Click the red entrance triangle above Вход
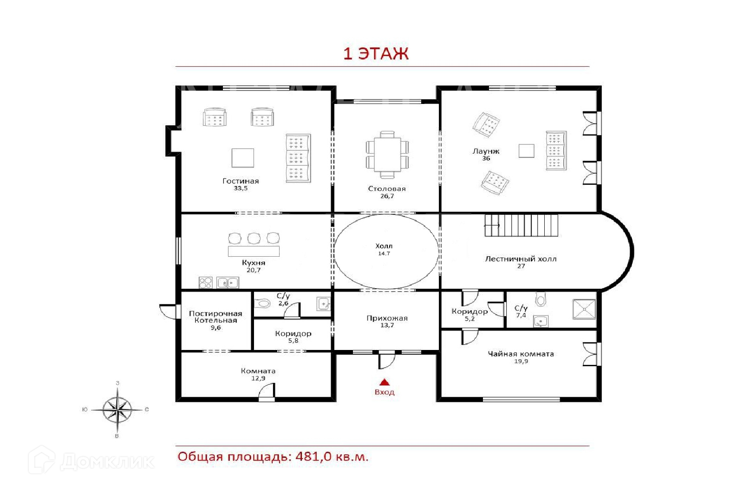coord(385,382)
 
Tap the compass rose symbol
coord(117,410)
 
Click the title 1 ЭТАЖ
coord(376,54)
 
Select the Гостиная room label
coord(241,181)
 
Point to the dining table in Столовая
coord(387,155)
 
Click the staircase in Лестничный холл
coord(521,226)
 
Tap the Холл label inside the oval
coord(384,246)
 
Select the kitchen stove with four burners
coord(206,283)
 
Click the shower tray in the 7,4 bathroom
coord(584,309)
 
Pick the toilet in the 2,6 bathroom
coord(262,303)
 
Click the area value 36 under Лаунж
coord(486,158)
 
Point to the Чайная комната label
coord(521,354)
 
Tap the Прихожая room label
coord(387,318)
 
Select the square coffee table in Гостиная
coord(243,158)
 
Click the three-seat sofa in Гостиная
coord(298,158)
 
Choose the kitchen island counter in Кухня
coord(254,251)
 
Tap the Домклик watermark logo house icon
coord(41,460)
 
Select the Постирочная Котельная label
coord(215,317)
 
